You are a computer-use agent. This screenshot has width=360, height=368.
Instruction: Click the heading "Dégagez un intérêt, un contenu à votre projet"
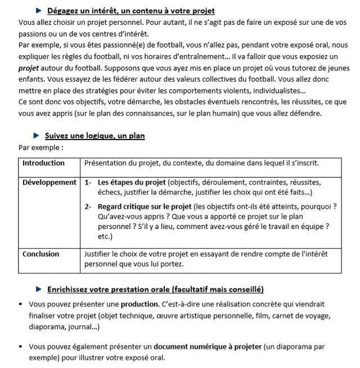131,11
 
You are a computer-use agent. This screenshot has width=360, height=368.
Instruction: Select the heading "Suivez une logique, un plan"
97,136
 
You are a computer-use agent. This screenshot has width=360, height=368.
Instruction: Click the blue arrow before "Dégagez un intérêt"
38,10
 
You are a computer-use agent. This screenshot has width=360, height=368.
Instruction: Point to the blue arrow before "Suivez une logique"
37,136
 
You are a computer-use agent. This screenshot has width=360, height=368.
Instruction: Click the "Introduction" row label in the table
43,164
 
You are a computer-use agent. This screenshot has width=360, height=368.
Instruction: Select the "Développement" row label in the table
49,183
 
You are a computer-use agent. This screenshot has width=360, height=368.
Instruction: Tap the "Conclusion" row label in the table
40,254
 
